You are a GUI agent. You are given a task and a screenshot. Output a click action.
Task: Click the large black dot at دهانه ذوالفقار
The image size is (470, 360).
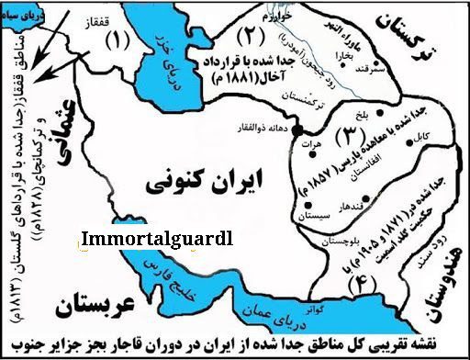[x=300, y=140]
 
